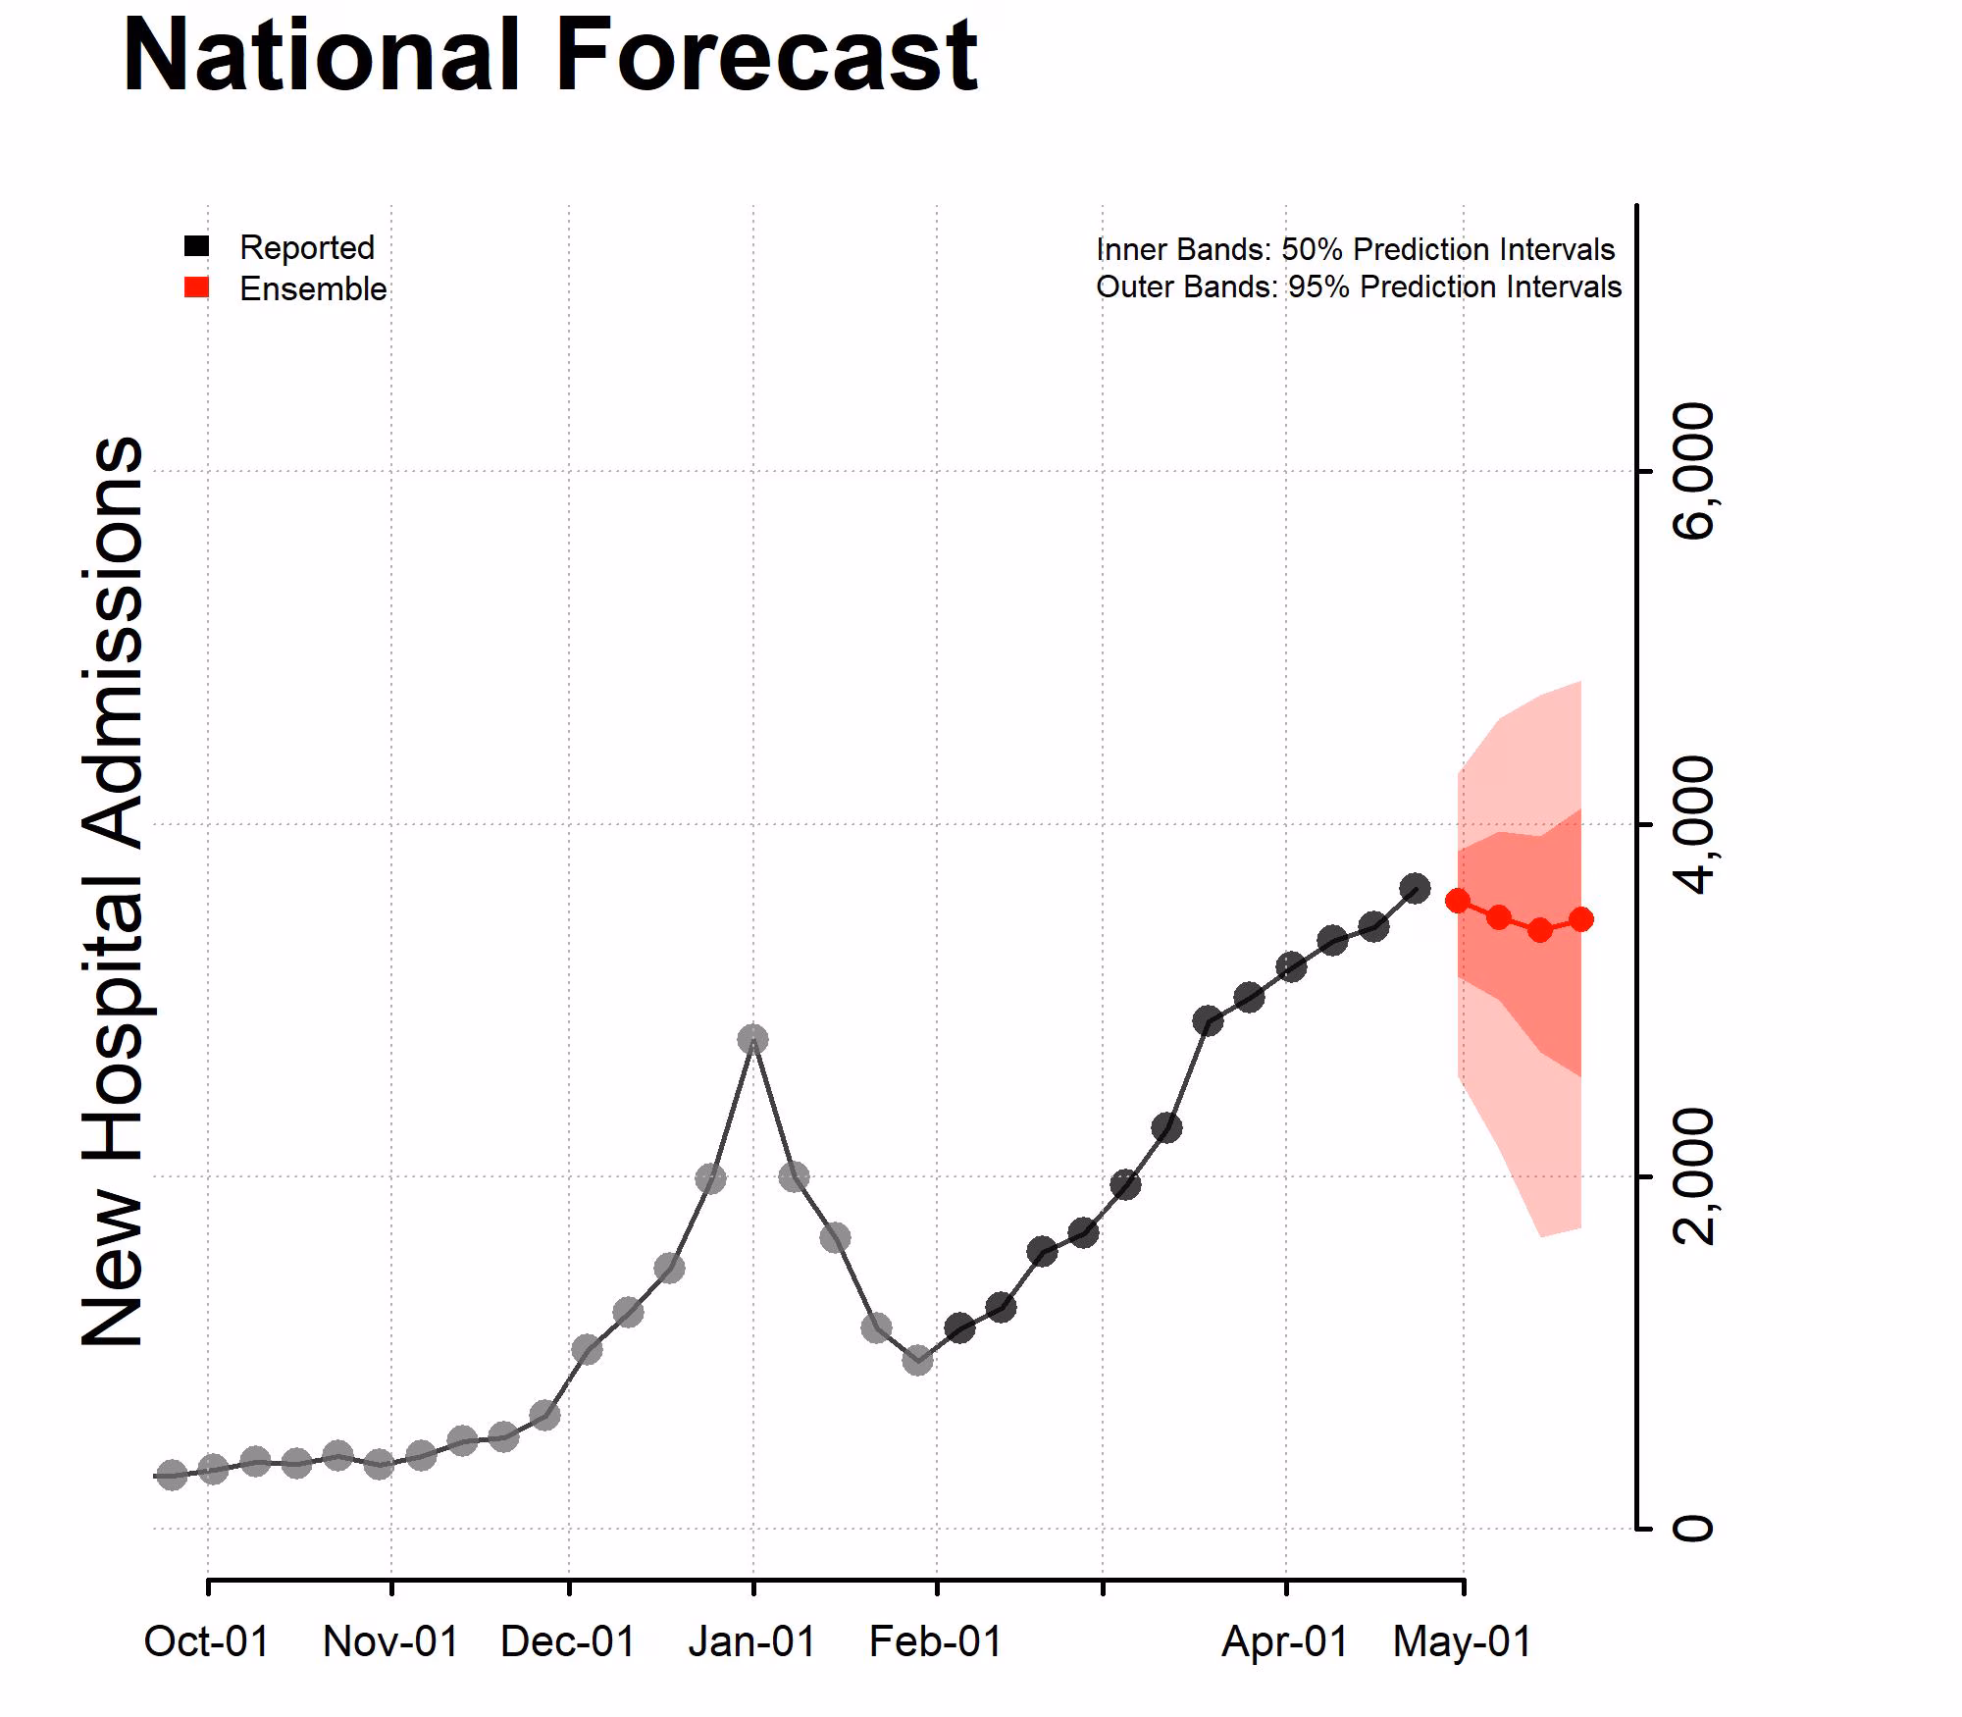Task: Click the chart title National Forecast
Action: click(x=549, y=57)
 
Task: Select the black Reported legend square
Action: click(x=197, y=246)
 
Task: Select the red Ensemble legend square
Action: click(x=197, y=287)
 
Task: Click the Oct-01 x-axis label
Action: click(x=207, y=1642)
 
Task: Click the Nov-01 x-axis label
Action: click(x=390, y=1642)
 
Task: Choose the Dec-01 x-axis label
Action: click(x=568, y=1642)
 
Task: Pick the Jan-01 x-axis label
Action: click(x=752, y=1642)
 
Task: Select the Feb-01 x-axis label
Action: click(x=936, y=1642)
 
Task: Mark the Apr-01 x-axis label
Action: click(x=1285, y=1642)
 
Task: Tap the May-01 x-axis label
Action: click(x=1463, y=1642)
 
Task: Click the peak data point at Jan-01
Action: click(x=752, y=1039)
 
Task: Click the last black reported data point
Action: click(x=1415, y=890)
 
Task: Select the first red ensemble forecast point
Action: click(x=1458, y=901)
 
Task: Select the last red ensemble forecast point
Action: click(x=1580, y=919)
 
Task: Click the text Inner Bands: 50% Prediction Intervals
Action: click(x=1355, y=250)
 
